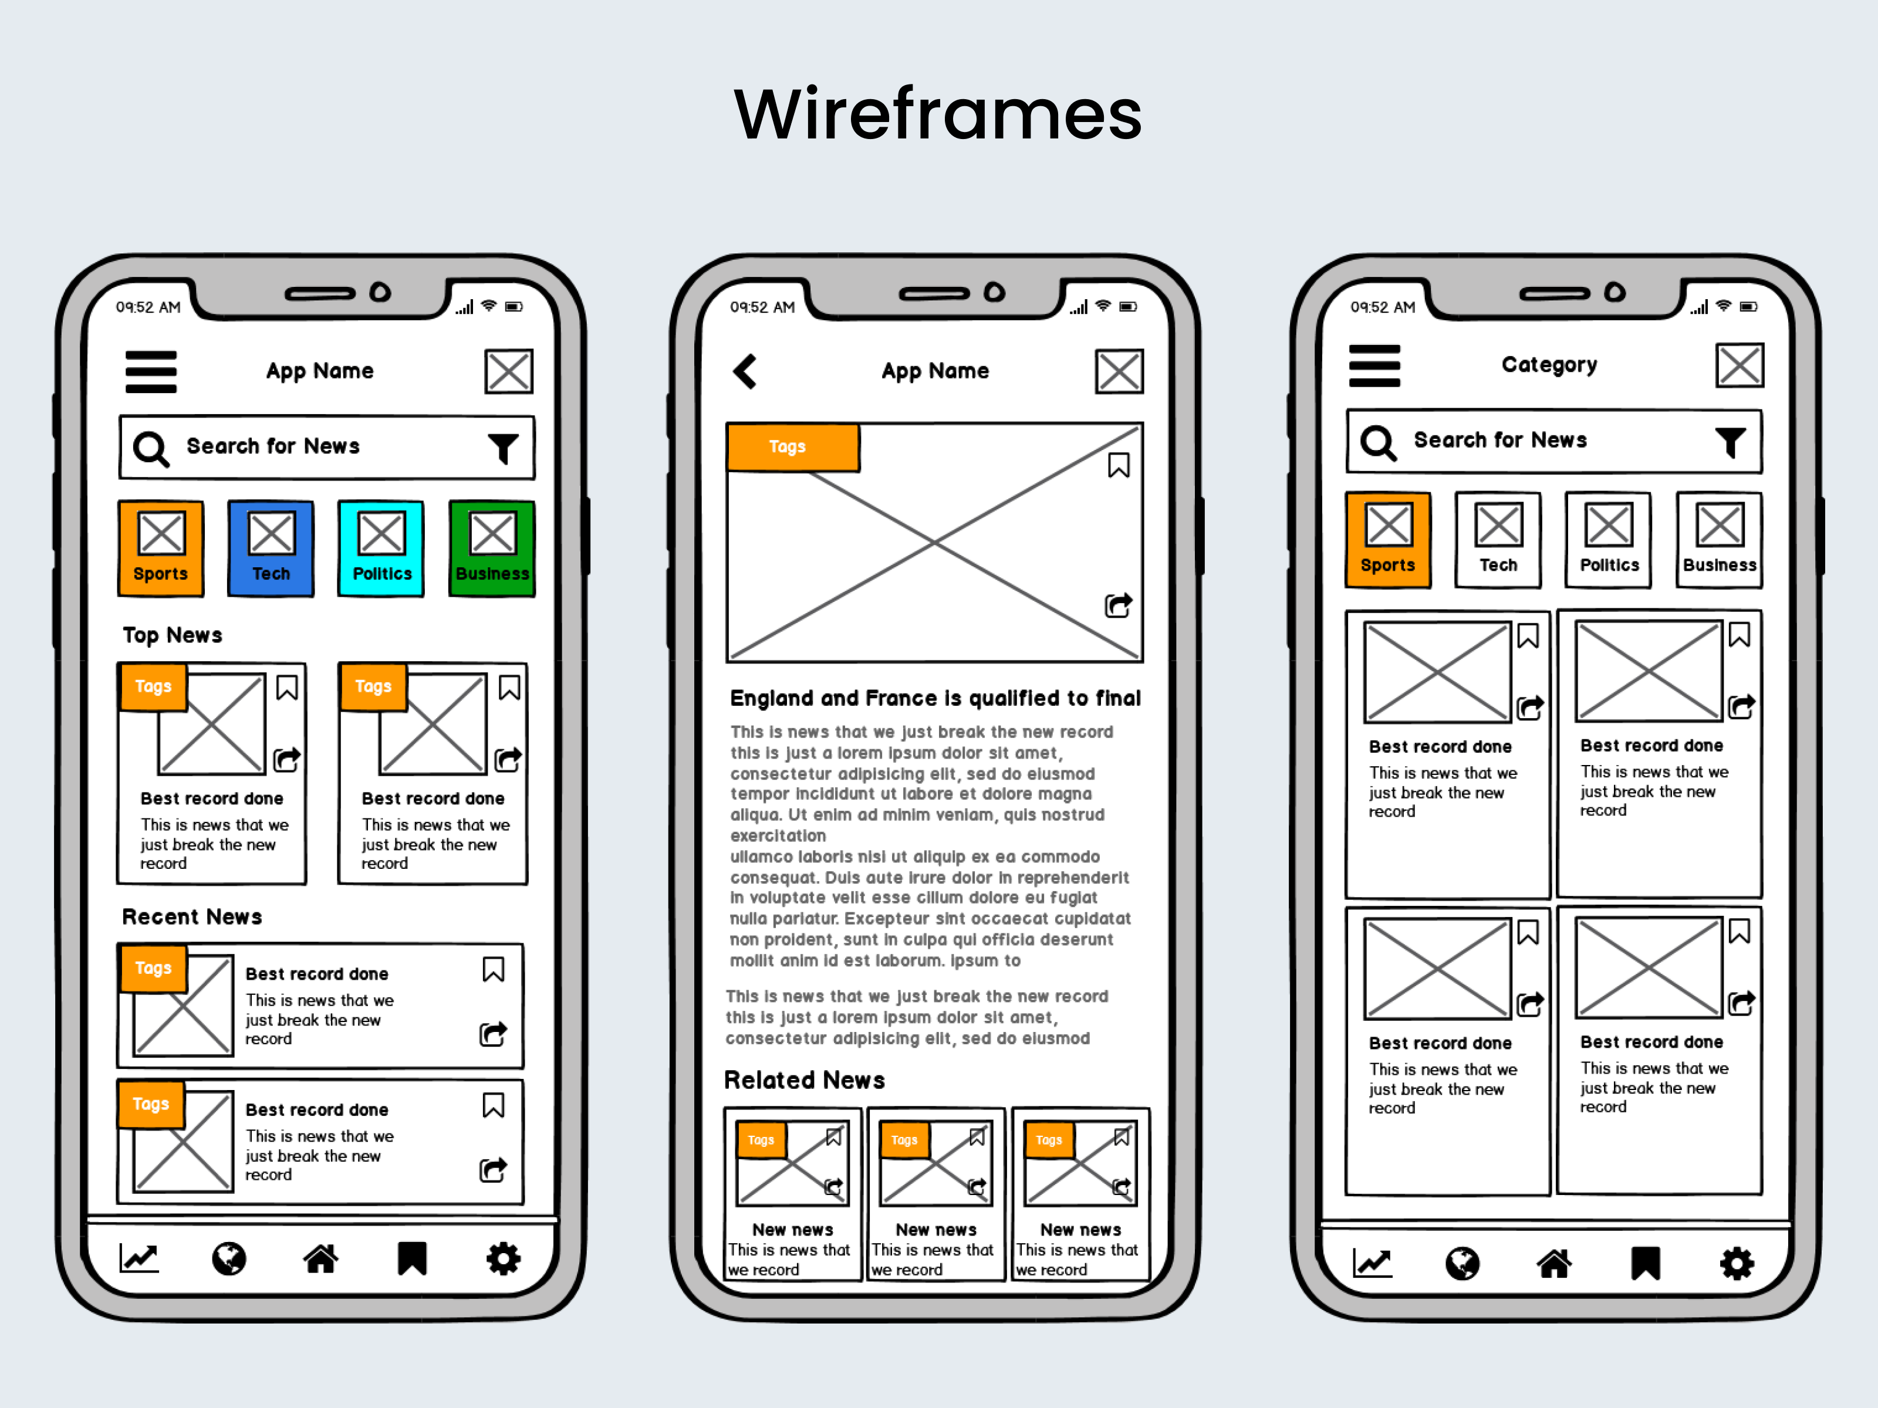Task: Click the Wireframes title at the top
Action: (938, 114)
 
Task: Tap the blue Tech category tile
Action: (271, 549)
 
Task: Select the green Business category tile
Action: (492, 549)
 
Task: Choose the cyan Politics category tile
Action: (381, 549)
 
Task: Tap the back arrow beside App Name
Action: (745, 371)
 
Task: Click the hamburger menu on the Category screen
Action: (1374, 366)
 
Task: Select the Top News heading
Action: (173, 635)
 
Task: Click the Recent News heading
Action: (192, 916)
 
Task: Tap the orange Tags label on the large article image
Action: (793, 446)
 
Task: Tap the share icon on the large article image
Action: (1118, 605)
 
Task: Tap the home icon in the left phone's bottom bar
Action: (321, 1258)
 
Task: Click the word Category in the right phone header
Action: (1549, 365)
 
